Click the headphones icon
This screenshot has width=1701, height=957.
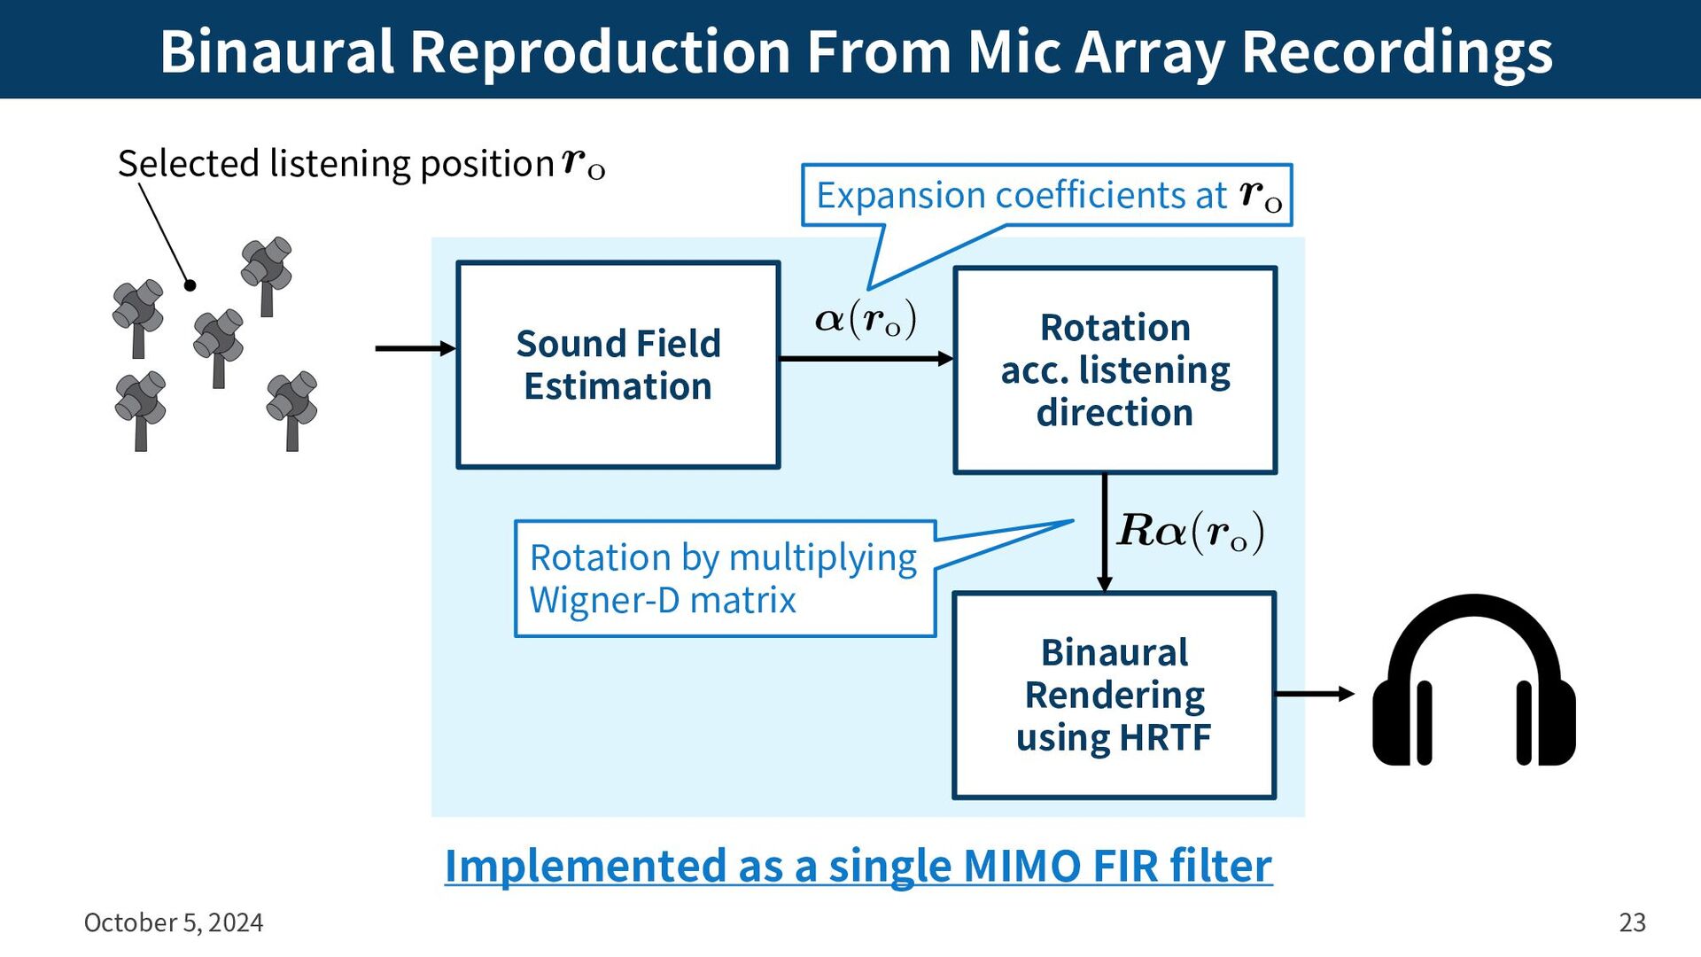(x=1474, y=680)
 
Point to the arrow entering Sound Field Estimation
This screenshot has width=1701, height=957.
(x=416, y=348)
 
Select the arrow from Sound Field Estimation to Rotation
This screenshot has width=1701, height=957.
(x=867, y=359)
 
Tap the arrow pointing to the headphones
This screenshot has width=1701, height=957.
(x=1316, y=694)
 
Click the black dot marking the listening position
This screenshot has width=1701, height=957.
(x=190, y=285)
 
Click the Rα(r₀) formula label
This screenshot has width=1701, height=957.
(x=1191, y=532)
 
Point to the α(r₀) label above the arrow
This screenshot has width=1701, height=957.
(x=866, y=319)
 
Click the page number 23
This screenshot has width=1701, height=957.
(x=1633, y=922)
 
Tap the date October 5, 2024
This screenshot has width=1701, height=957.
(x=174, y=922)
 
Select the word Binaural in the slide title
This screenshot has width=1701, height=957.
(x=276, y=51)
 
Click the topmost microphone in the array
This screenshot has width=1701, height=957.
(x=267, y=276)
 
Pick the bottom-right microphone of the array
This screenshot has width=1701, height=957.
(x=291, y=410)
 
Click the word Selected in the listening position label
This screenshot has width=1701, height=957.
(x=189, y=164)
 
